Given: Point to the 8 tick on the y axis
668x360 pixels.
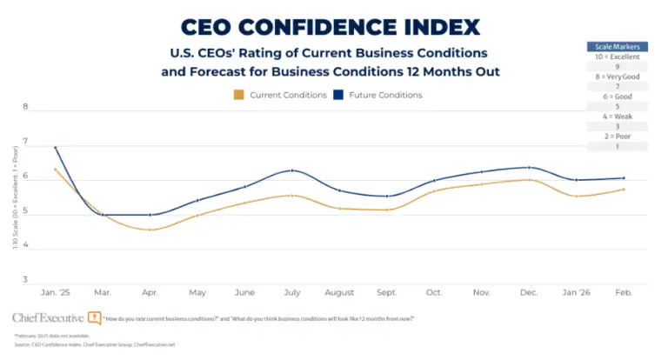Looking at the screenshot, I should point(25,108).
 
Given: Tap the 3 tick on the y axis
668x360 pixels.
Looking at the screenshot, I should point(25,280).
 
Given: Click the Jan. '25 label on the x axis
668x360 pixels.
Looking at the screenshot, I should point(56,292).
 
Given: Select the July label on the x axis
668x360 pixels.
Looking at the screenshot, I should point(293,292).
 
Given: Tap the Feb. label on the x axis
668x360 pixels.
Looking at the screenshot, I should point(624,292).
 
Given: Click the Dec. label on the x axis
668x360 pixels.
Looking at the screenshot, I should point(528,292).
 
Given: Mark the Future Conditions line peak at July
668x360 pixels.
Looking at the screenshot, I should point(293,170).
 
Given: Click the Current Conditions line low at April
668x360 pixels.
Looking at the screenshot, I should point(150,230).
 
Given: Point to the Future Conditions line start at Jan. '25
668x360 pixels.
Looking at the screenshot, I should point(56,148).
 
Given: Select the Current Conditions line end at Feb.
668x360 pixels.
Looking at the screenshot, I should point(624,190).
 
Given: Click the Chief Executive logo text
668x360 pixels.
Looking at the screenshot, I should point(49,318).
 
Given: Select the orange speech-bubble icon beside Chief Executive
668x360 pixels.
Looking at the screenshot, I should point(94,318).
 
